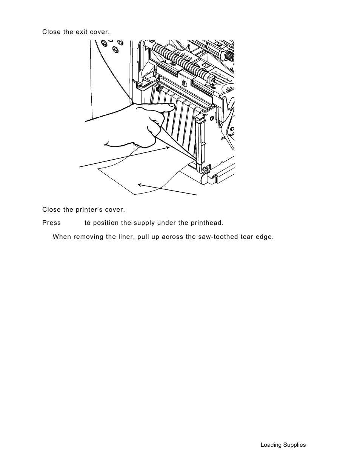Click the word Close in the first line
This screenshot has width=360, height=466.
tap(51, 32)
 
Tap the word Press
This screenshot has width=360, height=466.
tap(51, 223)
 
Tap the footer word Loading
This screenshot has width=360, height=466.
tap(271, 445)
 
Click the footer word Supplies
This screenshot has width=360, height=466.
tap(294, 445)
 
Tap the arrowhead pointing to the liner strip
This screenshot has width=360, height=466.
tap(168, 148)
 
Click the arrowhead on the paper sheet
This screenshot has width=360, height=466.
tap(140, 185)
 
